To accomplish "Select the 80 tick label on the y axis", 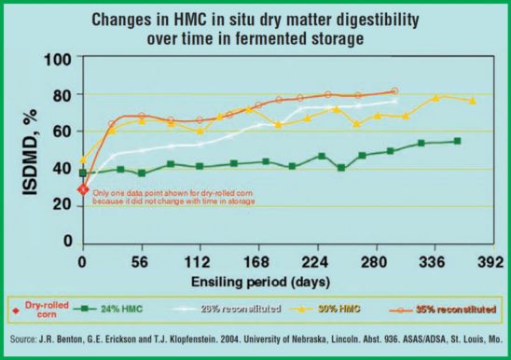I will pyautogui.click(x=62, y=95).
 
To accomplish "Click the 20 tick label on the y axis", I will pyautogui.click(x=62, y=205).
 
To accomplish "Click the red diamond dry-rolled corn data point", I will pyautogui.click(x=83, y=189).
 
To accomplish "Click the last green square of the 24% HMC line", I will pyautogui.click(x=456, y=141).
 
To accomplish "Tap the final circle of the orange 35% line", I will pyautogui.click(x=394, y=90).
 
